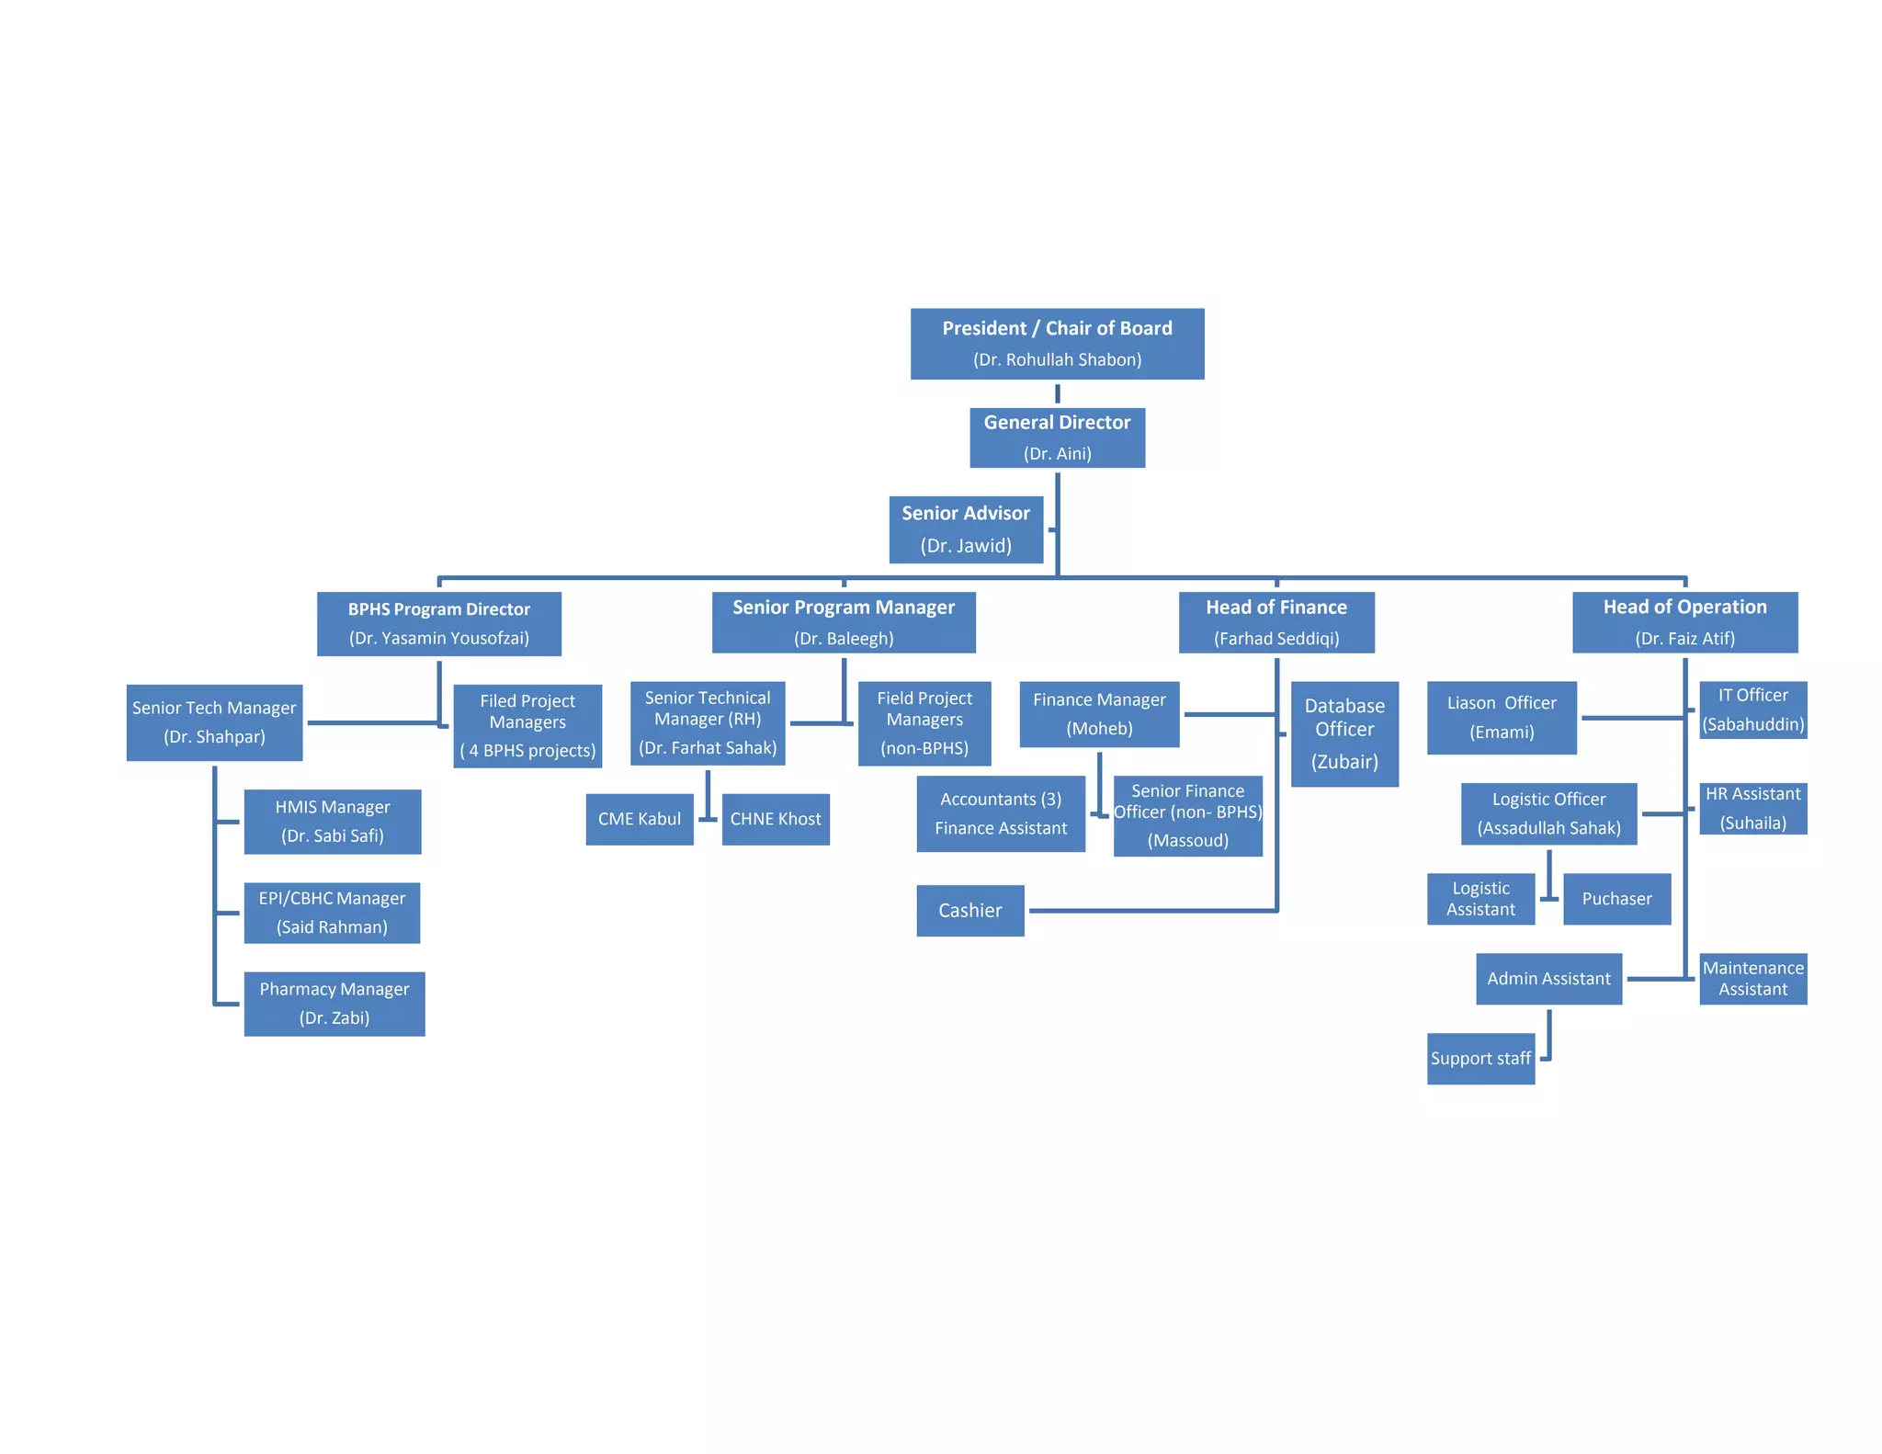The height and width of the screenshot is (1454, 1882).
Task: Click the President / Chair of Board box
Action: (x=1057, y=343)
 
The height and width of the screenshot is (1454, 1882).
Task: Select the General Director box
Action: (x=1057, y=437)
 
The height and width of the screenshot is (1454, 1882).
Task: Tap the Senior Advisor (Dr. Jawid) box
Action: (x=966, y=529)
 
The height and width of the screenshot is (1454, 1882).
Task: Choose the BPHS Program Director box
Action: (x=438, y=623)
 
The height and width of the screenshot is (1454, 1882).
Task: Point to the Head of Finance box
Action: (x=1276, y=622)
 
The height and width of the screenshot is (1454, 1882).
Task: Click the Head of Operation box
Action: (x=1684, y=622)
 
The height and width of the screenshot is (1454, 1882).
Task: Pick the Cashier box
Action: (x=969, y=910)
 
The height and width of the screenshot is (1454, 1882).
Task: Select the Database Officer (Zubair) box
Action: (x=1344, y=733)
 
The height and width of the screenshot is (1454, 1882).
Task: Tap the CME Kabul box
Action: (x=639, y=819)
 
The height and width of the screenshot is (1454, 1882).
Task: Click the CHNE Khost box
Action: (x=776, y=819)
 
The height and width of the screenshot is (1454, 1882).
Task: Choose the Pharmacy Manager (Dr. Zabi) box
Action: (x=334, y=1004)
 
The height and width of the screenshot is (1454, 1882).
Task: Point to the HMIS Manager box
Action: (x=332, y=822)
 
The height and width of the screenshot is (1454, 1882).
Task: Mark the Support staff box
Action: (x=1480, y=1059)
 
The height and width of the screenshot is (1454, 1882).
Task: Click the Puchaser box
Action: (x=1616, y=899)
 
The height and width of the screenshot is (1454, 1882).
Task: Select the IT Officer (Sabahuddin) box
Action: (x=1752, y=710)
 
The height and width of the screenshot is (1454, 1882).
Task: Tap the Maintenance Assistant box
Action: (x=1752, y=979)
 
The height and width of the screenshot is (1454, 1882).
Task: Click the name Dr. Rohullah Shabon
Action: (x=1057, y=359)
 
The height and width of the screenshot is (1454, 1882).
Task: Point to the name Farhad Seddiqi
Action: (x=1276, y=639)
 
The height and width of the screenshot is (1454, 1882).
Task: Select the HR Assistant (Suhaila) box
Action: (x=1752, y=809)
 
